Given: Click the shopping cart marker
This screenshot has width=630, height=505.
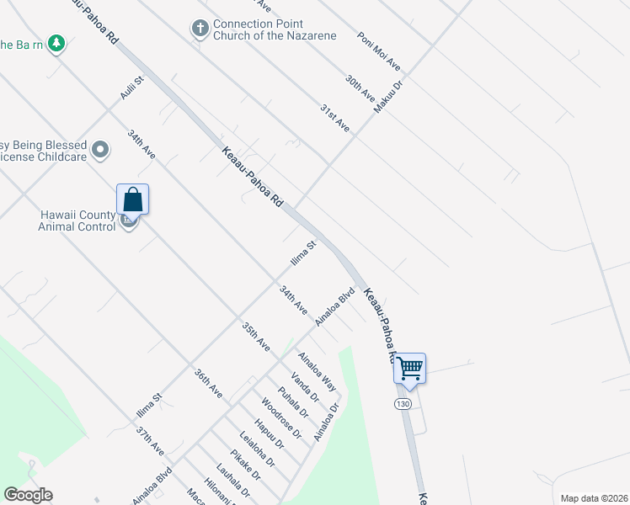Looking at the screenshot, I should tap(409, 368).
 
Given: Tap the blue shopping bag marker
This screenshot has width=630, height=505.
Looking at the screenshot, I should tap(133, 199).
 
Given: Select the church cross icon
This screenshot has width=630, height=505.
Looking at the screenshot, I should tap(200, 29).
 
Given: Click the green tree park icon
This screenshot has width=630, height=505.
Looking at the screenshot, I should tap(56, 42).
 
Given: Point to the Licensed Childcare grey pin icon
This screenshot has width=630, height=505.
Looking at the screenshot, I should tap(100, 151).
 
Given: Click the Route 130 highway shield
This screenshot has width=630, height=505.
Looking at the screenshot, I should tap(403, 405).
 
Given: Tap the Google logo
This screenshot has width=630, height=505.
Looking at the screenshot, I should tap(28, 495).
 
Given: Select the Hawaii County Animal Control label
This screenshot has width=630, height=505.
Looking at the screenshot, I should tap(77, 221).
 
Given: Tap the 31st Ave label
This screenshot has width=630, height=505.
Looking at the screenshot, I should tap(334, 117).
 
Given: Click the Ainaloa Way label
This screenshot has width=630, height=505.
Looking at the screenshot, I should tap(318, 371).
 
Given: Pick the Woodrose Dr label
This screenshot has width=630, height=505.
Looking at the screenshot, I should tap(281, 417).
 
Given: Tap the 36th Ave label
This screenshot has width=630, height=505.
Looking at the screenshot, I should tap(208, 383).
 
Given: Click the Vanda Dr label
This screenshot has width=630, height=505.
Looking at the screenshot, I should tap(304, 387).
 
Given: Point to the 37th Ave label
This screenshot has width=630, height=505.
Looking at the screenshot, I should tap(150, 440).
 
